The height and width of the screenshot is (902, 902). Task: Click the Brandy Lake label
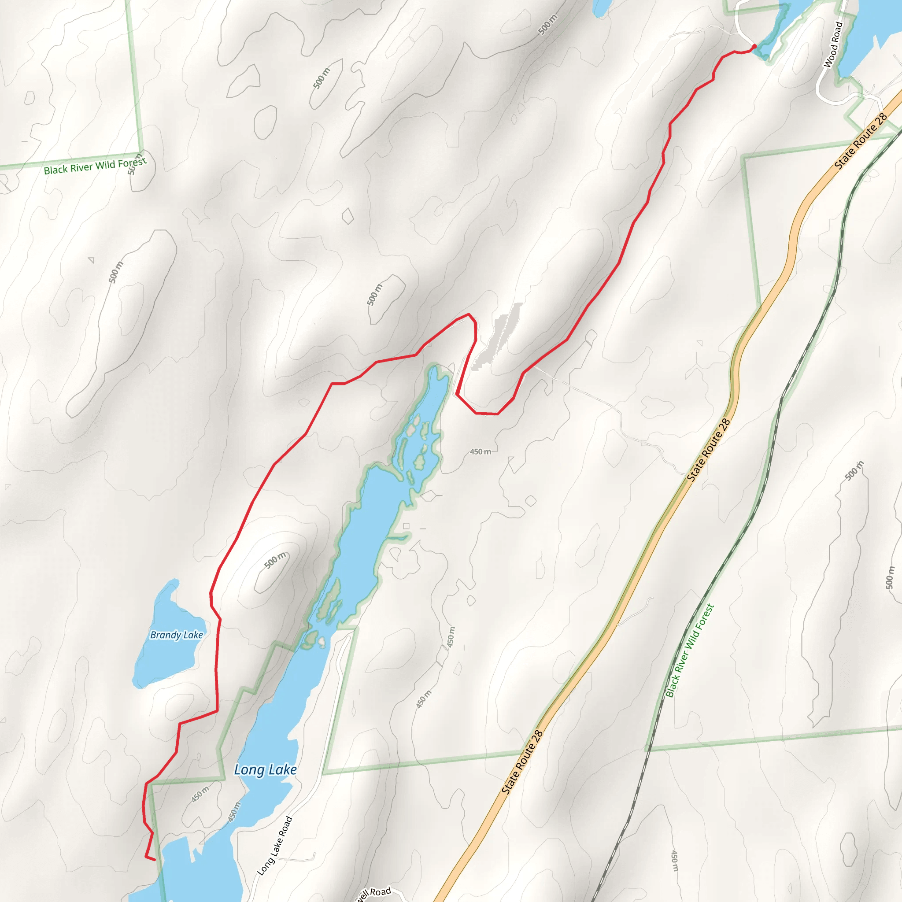click(x=177, y=635)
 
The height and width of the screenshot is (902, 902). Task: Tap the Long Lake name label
click(x=265, y=769)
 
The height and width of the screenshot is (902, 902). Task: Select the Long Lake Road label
click(x=275, y=846)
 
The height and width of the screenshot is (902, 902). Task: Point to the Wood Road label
click(x=833, y=45)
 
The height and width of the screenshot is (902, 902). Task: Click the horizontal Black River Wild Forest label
click(x=95, y=166)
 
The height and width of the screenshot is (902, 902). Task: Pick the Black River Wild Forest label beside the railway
click(x=690, y=651)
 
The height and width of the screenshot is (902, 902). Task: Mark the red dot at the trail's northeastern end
click(x=754, y=46)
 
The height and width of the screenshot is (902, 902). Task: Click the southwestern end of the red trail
click(x=154, y=860)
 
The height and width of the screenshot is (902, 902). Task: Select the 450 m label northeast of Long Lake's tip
click(x=481, y=451)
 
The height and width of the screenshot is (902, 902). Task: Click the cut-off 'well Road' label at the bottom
click(x=373, y=893)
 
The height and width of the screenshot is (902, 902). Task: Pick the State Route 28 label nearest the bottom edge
click(x=522, y=762)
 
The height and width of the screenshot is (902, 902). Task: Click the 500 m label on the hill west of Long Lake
click(x=275, y=560)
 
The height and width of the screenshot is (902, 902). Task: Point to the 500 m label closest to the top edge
click(x=547, y=25)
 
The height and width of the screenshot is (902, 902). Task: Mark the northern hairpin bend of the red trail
click(x=469, y=315)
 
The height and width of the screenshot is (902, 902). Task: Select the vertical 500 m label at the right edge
click(x=890, y=577)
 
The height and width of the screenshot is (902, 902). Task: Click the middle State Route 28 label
click(x=708, y=450)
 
